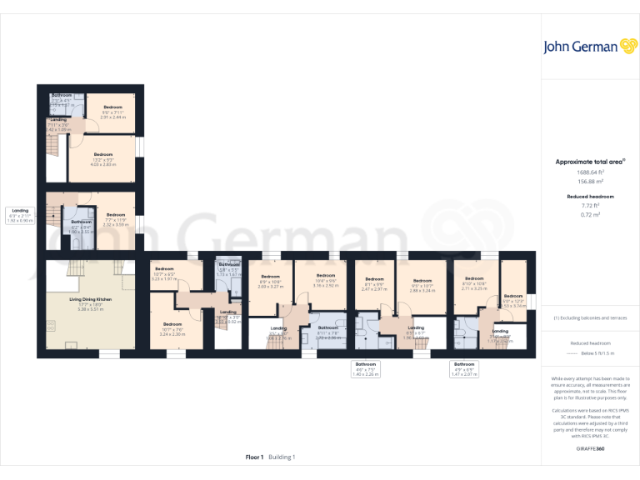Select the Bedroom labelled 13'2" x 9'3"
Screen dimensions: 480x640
103,159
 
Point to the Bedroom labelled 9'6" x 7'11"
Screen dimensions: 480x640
112,112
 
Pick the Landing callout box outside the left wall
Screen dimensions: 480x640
20,216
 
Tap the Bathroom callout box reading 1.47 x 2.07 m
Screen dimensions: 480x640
464,369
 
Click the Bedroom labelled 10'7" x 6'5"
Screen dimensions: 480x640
164,272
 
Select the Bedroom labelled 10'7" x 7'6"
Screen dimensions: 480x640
172,328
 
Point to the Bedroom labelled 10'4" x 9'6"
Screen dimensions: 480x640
325,279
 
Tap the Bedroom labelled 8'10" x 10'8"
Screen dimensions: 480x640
474,282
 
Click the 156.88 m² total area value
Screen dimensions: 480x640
591,181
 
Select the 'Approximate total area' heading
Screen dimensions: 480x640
589,162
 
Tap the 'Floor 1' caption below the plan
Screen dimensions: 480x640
254,457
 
